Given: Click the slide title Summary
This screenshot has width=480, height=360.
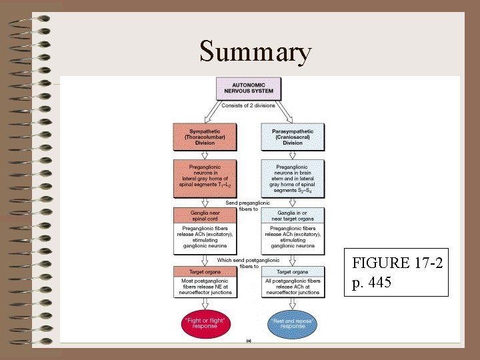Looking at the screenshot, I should click(255, 51).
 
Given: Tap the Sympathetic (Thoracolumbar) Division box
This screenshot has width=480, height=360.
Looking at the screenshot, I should click(204, 137).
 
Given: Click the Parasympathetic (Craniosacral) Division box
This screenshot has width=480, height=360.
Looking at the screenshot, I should click(293, 137).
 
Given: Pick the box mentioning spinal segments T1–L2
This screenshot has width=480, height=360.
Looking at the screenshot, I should click(204, 177).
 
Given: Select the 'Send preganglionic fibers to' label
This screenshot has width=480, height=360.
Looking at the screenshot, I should click(248, 205).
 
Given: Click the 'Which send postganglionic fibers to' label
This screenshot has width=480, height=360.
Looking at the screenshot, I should click(249, 263).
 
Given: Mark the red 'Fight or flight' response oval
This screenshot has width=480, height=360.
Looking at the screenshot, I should click(205, 323).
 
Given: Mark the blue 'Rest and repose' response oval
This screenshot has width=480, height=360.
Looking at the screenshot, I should click(293, 323).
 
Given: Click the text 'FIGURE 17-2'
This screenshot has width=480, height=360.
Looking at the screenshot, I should click(399, 263).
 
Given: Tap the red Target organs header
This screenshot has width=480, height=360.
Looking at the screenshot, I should click(204, 271).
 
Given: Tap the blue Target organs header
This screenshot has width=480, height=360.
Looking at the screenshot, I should click(293, 271).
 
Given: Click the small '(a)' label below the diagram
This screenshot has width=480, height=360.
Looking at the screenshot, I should click(249, 340).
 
